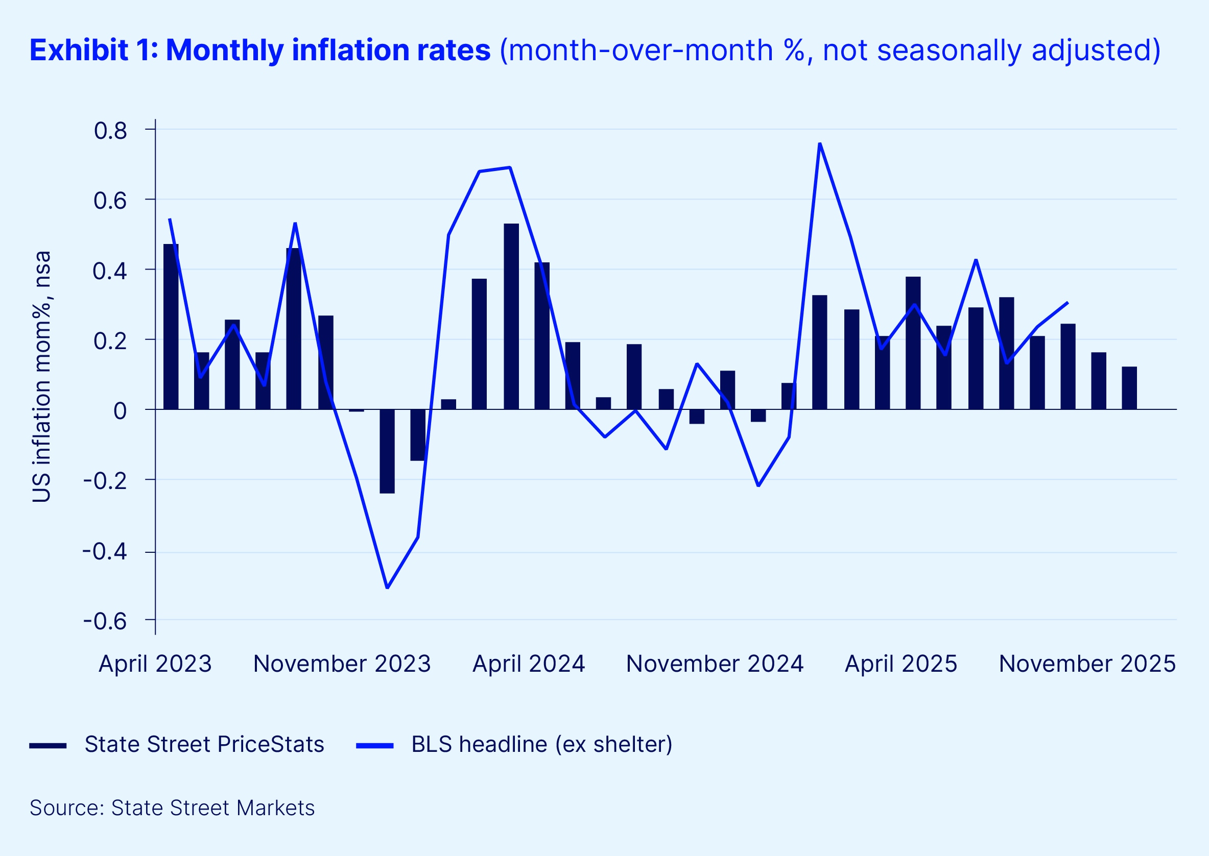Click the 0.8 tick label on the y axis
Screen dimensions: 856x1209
[110, 131]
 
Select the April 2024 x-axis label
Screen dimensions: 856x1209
[529, 664]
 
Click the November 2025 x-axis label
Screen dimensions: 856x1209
[1087, 664]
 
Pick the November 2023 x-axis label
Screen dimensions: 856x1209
[342, 664]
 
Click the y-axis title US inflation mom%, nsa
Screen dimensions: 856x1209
[42, 376]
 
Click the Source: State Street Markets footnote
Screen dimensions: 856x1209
[172, 808]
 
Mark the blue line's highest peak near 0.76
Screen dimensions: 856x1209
[820, 143]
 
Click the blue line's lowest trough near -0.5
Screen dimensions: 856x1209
[387, 587]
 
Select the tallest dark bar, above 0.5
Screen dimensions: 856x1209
[511, 316]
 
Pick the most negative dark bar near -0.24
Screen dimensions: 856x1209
[387, 451]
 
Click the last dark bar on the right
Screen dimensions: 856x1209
[1129, 388]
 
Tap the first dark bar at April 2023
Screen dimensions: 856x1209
[171, 327]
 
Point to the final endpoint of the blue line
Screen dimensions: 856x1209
[1068, 303]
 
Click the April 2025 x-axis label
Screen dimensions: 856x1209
[901, 664]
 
